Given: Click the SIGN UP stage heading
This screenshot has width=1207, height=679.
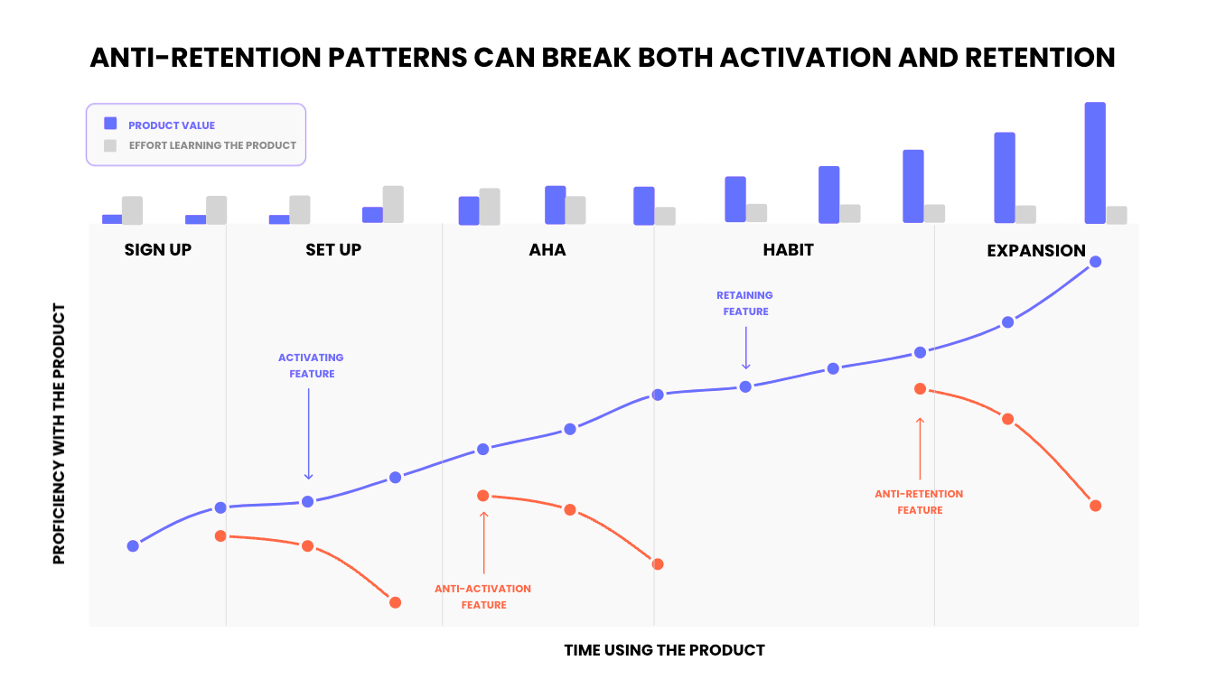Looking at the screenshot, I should click(x=158, y=250).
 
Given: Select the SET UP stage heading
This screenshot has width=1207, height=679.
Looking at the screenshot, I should click(x=333, y=250).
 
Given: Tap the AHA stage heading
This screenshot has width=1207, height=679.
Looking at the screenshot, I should click(x=547, y=250).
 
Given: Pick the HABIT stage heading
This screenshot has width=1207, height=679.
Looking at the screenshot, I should click(x=788, y=250).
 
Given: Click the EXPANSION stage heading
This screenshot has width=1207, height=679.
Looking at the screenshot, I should click(x=1036, y=251).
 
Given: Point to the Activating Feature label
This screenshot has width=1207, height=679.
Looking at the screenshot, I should click(x=311, y=366).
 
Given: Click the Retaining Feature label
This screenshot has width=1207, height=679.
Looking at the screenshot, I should click(x=744, y=303).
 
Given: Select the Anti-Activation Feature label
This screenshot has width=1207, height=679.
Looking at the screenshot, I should click(x=483, y=597).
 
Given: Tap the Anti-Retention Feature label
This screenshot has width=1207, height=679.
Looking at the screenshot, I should click(x=919, y=502).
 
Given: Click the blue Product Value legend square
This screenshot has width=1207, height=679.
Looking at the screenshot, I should click(x=110, y=124).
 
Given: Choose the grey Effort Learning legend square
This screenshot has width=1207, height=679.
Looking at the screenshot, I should click(x=110, y=145).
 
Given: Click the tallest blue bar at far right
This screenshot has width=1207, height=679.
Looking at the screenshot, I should click(x=1094, y=163).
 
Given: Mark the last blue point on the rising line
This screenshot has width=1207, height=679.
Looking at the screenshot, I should click(x=1095, y=262).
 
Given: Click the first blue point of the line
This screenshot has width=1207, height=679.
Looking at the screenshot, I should click(x=133, y=545).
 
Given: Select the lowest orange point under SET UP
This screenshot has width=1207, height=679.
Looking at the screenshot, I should click(x=395, y=602).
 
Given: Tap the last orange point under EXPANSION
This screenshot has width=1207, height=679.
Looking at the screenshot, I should click(x=1095, y=506).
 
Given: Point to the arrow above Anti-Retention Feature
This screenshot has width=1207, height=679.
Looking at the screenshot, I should click(x=920, y=448).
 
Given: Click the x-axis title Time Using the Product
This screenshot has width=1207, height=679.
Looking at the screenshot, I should click(x=664, y=650).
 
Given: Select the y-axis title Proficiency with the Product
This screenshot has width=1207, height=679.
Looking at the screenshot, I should click(x=60, y=434).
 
